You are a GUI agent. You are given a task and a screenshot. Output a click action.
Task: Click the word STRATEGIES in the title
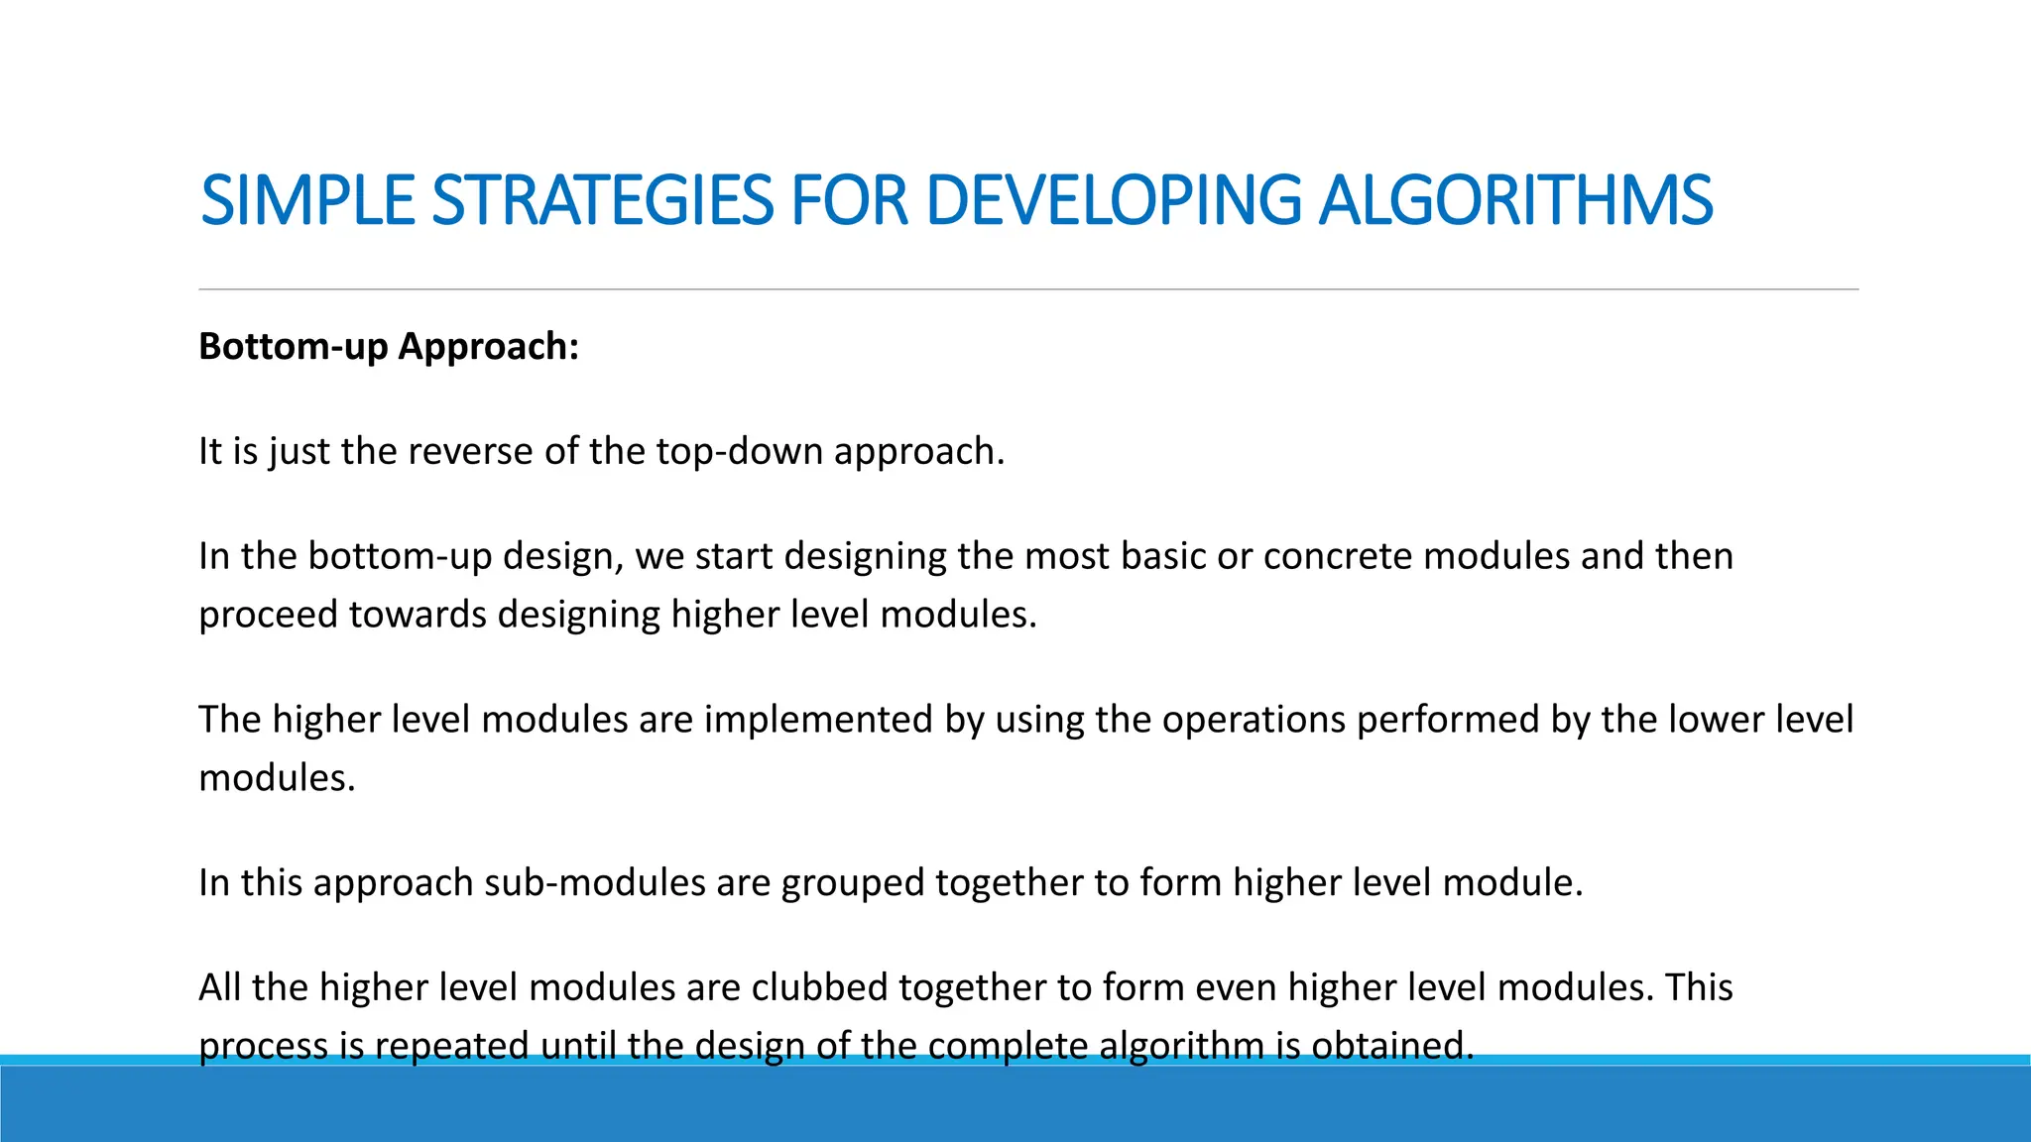(602, 200)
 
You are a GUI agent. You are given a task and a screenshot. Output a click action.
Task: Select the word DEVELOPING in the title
(1113, 200)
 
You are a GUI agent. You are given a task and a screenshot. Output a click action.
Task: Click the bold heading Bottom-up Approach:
(388, 346)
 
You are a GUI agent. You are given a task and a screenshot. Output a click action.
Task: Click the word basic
(1163, 556)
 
